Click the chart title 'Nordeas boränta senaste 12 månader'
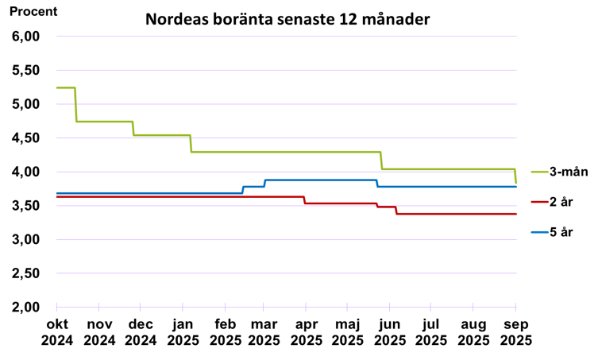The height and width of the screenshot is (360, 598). point(287,19)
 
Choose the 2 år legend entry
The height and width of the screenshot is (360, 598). point(561,202)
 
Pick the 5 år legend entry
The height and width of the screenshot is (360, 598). point(561,232)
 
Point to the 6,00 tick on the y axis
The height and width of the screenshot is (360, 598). point(25,37)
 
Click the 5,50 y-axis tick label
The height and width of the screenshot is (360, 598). point(25,70)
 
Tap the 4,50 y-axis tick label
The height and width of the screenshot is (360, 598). point(25,138)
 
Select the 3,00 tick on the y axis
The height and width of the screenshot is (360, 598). point(25,239)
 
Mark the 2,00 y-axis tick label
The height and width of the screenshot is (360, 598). point(25,307)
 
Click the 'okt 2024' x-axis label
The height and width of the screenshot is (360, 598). point(57,332)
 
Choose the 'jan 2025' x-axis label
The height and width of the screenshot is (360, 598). point(183,332)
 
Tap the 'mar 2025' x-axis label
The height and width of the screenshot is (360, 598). point(264,332)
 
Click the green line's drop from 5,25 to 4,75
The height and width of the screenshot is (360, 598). point(75,104)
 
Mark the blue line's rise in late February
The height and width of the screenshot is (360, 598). point(242,189)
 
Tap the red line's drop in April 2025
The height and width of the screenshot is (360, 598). point(305,199)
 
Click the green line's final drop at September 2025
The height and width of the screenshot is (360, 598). point(515,176)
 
